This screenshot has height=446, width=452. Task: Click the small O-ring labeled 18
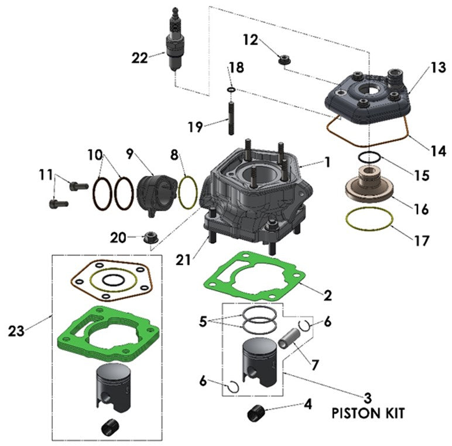tap(231, 90)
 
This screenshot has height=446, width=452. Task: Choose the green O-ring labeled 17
tap(368, 221)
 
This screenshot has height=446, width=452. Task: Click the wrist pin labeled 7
tap(290, 341)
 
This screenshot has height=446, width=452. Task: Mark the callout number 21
tap(183, 259)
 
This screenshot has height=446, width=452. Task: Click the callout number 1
tap(327, 162)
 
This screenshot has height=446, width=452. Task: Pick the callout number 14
tap(438, 151)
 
